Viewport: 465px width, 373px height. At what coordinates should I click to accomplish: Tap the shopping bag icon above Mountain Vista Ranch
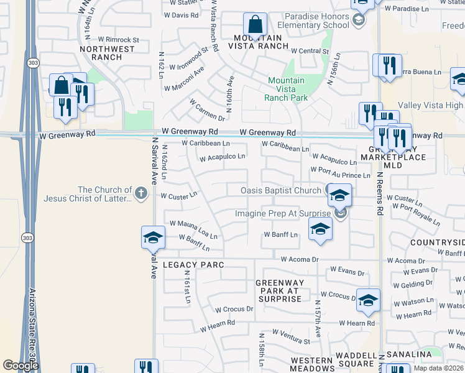point(255,25)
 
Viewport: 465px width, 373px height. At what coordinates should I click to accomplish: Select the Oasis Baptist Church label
point(281,190)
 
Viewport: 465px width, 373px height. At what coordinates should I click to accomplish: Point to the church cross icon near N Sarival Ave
point(141,193)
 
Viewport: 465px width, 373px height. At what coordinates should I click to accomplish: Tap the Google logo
point(21,365)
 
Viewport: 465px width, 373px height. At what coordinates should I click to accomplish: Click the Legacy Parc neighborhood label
point(193,265)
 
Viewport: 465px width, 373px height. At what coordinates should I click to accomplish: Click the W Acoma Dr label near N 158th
point(300,259)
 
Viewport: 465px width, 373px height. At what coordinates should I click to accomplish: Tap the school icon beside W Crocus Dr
point(368,300)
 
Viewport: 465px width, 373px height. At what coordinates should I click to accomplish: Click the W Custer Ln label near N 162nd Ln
point(178,195)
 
